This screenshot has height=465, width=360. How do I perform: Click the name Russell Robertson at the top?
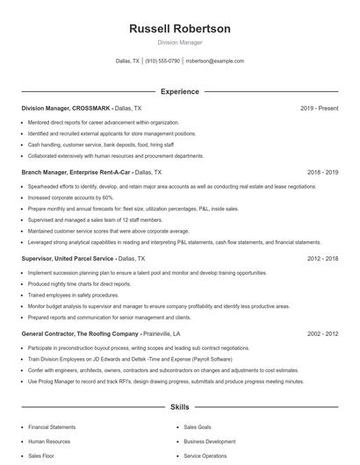[x=179, y=29]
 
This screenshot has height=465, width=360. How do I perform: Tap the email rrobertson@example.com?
[x=214, y=61]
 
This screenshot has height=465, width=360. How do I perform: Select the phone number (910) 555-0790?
[x=162, y=61]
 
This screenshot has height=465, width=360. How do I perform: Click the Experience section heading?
[x=179, y=91]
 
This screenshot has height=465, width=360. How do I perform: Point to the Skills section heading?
[x=179, y=407]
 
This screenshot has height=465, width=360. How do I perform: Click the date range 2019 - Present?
[x=319, y=108]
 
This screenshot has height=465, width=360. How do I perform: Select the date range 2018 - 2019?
[x=322, y=173]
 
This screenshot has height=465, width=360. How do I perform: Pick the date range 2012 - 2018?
[x=322, y=259]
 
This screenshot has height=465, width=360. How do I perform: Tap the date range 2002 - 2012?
[x=322, y=333]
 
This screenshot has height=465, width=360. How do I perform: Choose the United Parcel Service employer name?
[x=83, y=259]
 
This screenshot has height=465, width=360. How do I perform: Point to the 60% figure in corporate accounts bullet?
[x=108, y=198]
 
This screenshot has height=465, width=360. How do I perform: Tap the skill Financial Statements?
[x=52, y=427]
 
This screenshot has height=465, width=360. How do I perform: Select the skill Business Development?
[x=209, y=441]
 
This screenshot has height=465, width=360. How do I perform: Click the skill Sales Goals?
[x=198, y=427]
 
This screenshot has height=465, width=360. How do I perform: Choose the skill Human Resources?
[x=49, y=441]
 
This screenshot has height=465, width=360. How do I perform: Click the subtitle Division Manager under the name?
[x=179, y=42]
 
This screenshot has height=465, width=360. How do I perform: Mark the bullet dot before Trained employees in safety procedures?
[x=22, y=295]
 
